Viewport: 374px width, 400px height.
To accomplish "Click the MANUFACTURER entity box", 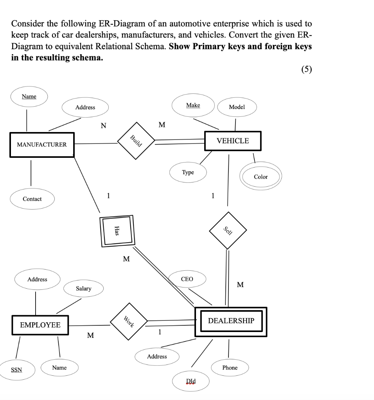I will (42, 145).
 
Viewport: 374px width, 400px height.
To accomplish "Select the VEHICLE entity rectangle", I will (233, 141).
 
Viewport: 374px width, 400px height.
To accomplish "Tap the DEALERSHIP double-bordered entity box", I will (231, 321).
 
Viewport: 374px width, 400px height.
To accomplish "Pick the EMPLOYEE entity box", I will (40, 325).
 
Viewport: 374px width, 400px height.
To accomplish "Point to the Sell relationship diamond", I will (228, 230).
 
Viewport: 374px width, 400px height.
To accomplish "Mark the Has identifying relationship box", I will (117, 231).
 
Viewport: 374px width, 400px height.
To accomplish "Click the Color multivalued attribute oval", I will (261, 177).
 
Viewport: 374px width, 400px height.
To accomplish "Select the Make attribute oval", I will (193, 105).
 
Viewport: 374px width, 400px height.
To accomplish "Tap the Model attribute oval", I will (237, 107).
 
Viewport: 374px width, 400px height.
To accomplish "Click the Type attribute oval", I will (188, 172).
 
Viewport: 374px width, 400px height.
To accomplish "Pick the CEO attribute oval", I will (187, 279).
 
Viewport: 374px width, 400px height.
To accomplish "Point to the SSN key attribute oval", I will (16, 370).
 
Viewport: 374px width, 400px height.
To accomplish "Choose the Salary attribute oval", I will (83, 289).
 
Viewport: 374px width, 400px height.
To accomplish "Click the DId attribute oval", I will (191, 381).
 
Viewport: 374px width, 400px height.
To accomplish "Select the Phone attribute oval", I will (230, 368).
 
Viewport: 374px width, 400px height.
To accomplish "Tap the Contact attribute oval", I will (32, 199).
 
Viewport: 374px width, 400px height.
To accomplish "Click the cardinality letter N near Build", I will (103, 126).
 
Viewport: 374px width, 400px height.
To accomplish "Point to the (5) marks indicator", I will (307, 70).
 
